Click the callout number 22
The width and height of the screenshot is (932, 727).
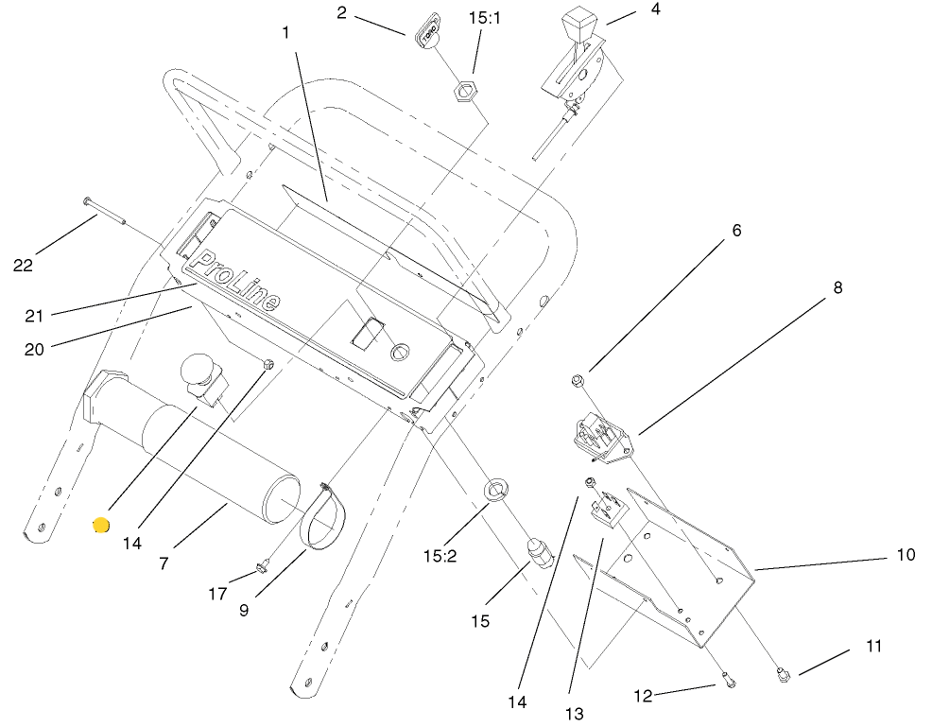click(x=23, y=266)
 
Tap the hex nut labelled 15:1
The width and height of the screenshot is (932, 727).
click(x=464, y=93)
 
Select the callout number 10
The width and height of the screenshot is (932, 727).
click(x=906, y=555)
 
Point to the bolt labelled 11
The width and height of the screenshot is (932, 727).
click(x=782, y=674)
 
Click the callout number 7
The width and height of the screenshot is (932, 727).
click(x=164, y=563)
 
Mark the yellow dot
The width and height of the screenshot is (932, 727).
click(x=100, y=525)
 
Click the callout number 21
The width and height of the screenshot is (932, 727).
click(x=35, y=315)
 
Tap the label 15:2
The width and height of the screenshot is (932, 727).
click(x=439, y=557)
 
